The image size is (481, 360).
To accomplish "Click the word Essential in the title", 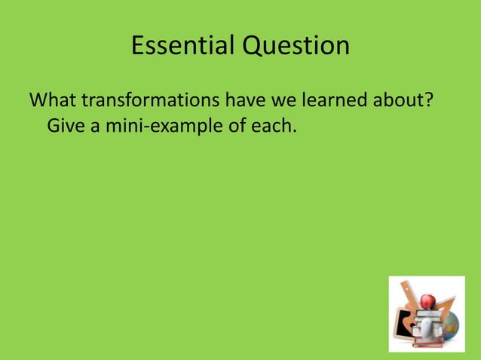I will coord(182,47).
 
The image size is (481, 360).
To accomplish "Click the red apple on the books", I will coord(427,301).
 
